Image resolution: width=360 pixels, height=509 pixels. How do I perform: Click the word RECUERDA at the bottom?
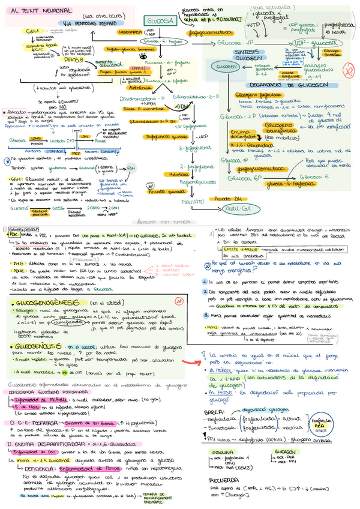(x=226, y=481)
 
